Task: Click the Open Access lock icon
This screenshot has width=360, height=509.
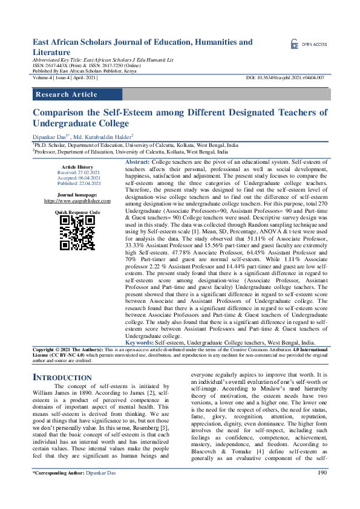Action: [x=295, y=44]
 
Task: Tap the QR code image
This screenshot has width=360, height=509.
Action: [x=77, y=233]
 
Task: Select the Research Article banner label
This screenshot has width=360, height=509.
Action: [x=67, y=94]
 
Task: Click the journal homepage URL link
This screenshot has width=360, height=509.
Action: [x=77, y=201]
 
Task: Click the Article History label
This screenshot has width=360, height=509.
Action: [x=77, y=167]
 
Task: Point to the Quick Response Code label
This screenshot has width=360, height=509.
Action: [x=77, y=213]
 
